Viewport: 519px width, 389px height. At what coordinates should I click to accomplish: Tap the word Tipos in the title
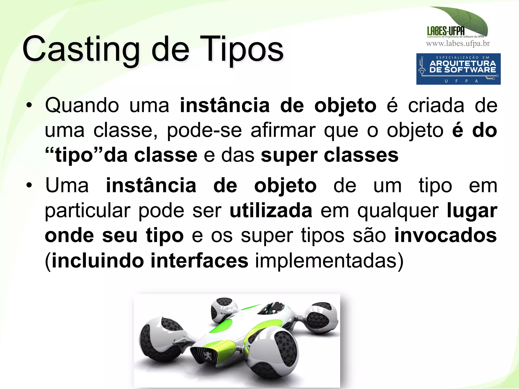pyautogui.click(x=242, y=49)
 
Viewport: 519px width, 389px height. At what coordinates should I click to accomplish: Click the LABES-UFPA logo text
pyautogui.click(x=446, y=31)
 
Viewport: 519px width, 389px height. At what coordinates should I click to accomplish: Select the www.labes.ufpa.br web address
pyautogui.click(x=458, y=44)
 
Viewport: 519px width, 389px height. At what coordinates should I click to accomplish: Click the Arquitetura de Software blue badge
pyautogui.click(x=458, y=69)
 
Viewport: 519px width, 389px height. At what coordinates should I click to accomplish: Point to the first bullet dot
pyautogui.click(x=29, y=106)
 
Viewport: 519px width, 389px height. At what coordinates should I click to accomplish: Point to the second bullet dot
pyautogui.click(x=29, y=186)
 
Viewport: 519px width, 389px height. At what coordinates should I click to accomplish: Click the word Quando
pyautogui.click(x=82, y=106)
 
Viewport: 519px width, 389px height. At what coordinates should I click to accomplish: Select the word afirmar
pyautogui.click(x=283, y=131)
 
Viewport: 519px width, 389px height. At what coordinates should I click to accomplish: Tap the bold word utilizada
pyautogui.click(x=271, y=211)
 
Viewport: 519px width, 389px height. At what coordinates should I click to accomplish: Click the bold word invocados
pyautogui.click(x=446, y=235)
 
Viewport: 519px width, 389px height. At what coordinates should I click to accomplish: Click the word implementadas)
pyautogui.click(x=329, y=261)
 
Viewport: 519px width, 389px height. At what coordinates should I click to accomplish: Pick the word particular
pyautogui.click(x=87, y=211)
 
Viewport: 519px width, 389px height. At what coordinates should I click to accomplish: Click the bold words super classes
pyautogui.click(x=329, y=155)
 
